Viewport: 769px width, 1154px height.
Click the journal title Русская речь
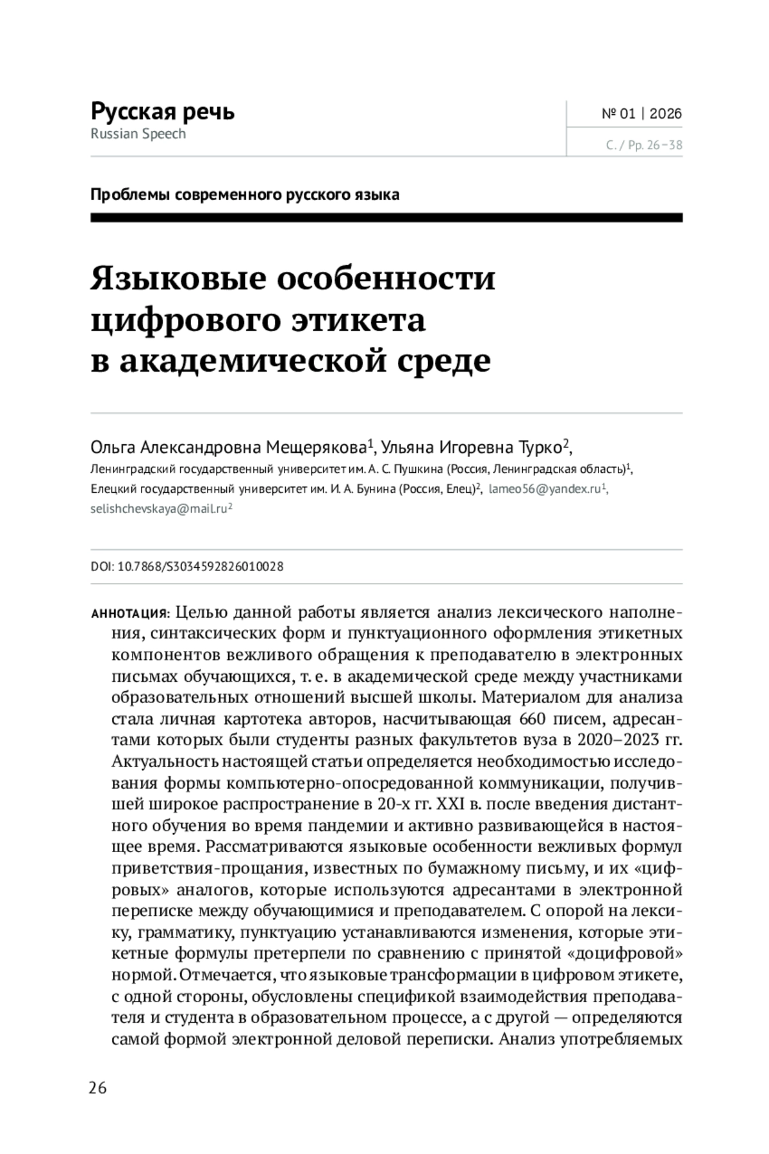pos(163,111)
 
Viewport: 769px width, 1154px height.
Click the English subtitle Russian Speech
pos(138,135)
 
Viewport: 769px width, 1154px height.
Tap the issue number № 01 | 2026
pos(641,114)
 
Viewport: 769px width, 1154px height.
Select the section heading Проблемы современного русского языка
pos(245,194)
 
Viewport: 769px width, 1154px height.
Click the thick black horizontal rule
pos(386,218)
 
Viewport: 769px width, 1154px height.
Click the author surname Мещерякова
pos(316,446)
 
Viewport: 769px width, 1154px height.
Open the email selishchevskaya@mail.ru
pos(158,509)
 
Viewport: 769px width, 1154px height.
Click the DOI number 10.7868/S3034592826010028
pos(201,567)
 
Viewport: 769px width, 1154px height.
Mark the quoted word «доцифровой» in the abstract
pos(625,953)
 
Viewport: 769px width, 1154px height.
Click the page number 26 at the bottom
pos(98,1087)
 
